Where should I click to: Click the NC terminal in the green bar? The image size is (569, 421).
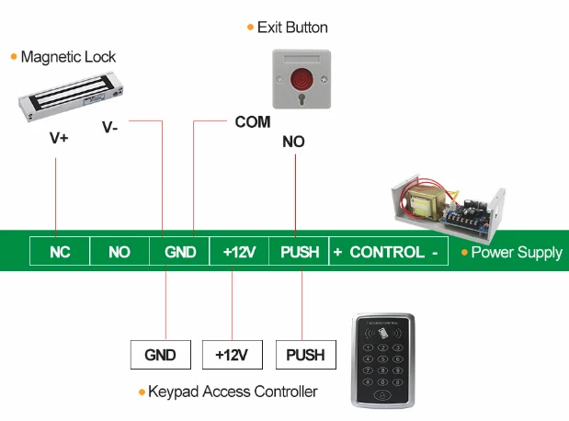point(60,252)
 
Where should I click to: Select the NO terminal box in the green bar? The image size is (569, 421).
point(119,252)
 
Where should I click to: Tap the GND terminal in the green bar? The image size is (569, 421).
point(180,252)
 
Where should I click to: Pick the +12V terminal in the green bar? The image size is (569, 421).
point(239,252)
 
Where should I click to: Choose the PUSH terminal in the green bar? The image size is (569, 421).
point(299,252)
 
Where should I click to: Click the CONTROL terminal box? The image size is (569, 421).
point(387,252)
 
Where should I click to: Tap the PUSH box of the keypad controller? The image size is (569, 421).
point(306,354)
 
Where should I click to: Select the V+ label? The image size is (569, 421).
point(59,140)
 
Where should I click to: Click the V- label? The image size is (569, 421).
point(110,128)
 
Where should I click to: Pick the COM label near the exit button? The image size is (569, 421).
point(253,121)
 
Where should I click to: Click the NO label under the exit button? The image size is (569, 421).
point(294,142)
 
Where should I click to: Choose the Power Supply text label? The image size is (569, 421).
point(516,252)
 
